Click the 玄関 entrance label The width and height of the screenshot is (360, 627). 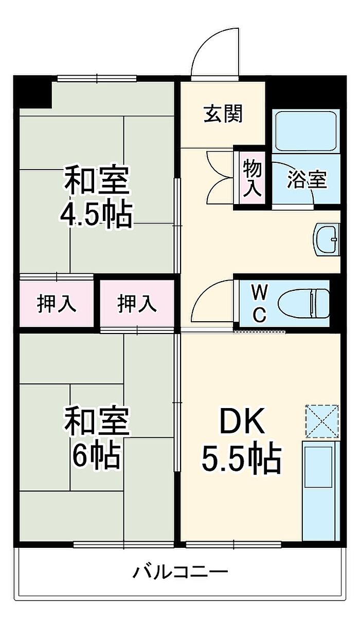tap(223, 114)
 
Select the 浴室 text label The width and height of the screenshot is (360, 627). tap(307, 180)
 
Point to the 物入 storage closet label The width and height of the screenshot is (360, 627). tap(252, 177)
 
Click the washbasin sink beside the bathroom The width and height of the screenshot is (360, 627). tap(327, 239)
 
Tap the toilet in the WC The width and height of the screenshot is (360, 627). tap(303, 303)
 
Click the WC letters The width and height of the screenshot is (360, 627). tap(259, 303)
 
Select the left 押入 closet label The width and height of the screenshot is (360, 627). tap(57, 304)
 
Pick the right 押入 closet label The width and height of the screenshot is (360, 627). tap(137, 304)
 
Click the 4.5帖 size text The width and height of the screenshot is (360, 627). tap(96, 215)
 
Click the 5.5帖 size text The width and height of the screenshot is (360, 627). tap(241, 459)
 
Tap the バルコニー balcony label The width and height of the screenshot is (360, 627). tap(181, 571)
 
